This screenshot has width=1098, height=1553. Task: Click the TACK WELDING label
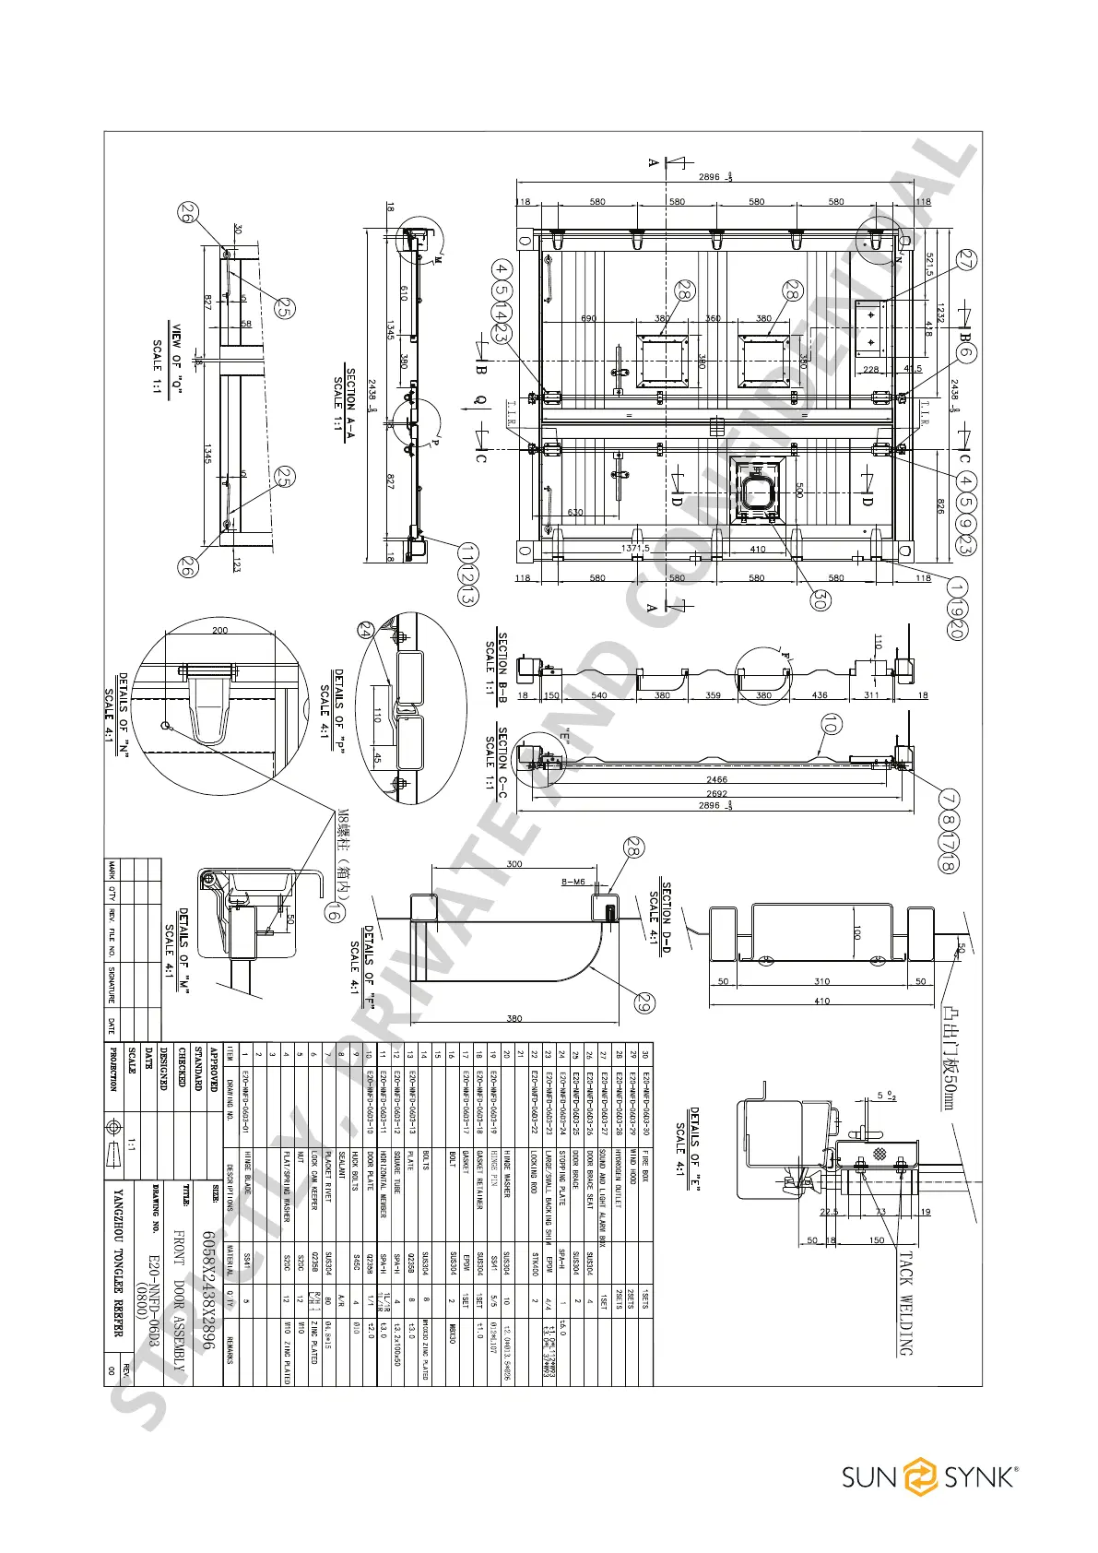click(904, 1301)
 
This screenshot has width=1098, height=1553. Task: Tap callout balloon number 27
click(967, 260)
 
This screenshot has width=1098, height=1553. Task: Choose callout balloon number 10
click(831, 724)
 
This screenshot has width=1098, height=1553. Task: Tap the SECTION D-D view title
click(660, 913)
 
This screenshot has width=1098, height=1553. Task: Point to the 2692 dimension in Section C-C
click(716, 793)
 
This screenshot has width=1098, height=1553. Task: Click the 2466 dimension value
click(716, 780)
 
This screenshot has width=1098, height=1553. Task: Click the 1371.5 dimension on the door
click(635, 548)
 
